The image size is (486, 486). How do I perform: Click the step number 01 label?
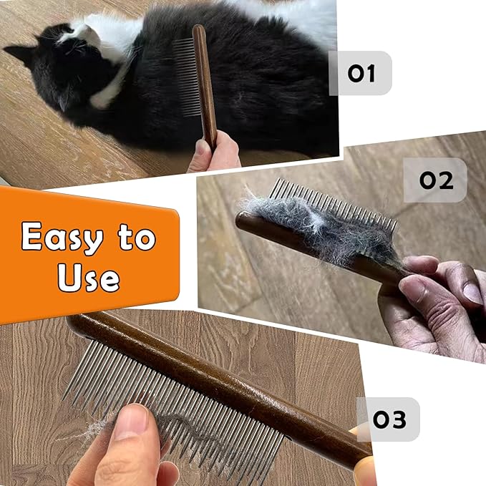coord(361,73)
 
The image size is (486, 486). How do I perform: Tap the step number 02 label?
coord(436,180)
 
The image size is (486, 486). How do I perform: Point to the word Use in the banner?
coord(88,278)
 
